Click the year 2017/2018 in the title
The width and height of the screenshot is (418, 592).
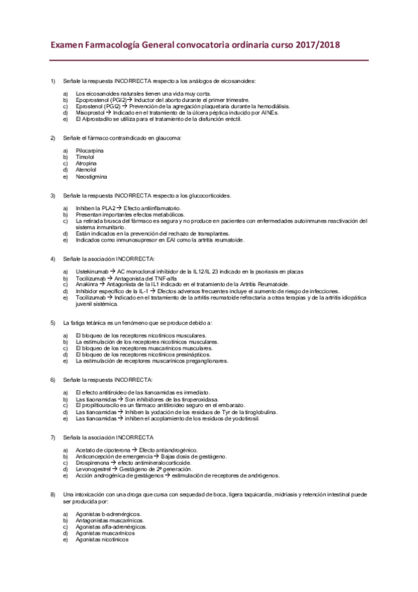[x=315, y=45]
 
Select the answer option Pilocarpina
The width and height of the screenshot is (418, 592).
[x=89, y=151]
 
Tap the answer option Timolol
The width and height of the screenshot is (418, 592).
[x=85, y=157]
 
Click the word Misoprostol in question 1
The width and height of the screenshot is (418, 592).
[x=91, y=112]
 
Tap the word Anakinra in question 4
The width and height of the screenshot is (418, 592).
[x=87, y=283]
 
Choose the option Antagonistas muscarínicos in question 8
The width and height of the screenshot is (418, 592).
[x=108, y=520]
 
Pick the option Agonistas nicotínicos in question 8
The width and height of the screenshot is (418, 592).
[x=101, y=540]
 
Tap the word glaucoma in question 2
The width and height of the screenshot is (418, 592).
[x=168, y=138]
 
